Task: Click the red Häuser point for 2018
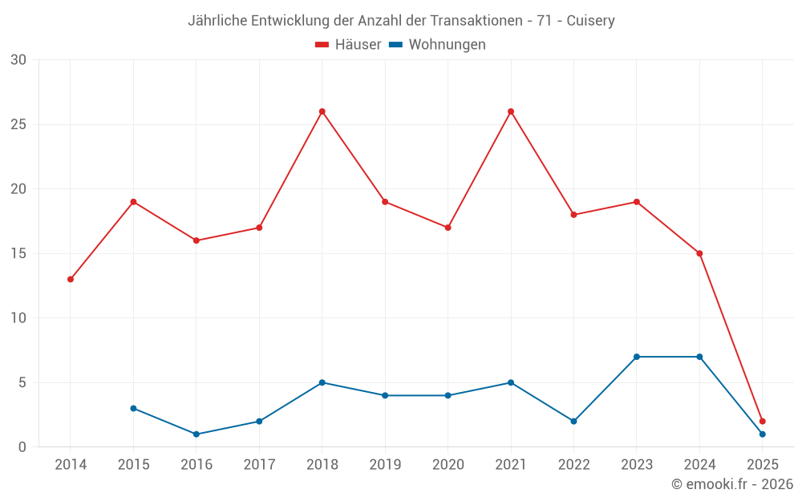pyautogui.click(x=322, y=111)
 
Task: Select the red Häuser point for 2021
pyautogui.click(x=511, y=111)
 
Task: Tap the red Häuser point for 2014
pyautogui.click(x=71, y=279)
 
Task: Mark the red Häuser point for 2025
pyautogui.click(x=763, y=421)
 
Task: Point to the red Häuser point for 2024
pyautogui.click(x=699, y=253)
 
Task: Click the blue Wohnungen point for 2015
pyautogui.click(x=133, y=408)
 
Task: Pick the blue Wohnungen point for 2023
pyautogui.click(x=637, y=357)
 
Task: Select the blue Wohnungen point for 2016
pyautogui.click(x=196, y=434)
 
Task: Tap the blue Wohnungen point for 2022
pyautogui.click(x=573, y=421)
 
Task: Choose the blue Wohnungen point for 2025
pyautogui.click(x=763, y=434)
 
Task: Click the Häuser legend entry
pyautogui.click(x=348, y=45)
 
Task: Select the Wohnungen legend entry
pyautogui.click(x=437, y=45)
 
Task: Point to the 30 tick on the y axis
pyautogui.click(x=18, y=60)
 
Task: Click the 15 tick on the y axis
pyautogui.click(x=18, y=253)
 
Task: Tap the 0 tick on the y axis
pyautogui.click(x=22, y=446)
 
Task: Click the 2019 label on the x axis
pyautogui.click(x=385, y=465)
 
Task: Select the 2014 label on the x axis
pyautogui.click(x=71, y=465)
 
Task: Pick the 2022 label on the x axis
pyautogui.click(x=573, y=465)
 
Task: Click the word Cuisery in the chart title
pyautogui.click(x=590, y=21)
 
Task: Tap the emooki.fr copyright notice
pyautogui.click(x=732, y=484)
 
